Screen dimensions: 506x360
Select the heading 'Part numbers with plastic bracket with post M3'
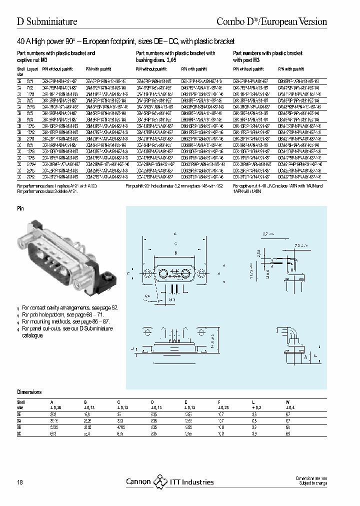[x=267, y=55]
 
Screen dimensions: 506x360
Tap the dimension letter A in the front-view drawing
[x=175, y=233]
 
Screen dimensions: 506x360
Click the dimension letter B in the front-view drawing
[x=175, y=253]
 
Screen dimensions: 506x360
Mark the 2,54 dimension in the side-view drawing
[x=258, y=253]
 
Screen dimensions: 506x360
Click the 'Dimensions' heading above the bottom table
[x=29, y=392]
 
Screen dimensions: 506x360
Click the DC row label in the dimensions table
[x=19, y=432]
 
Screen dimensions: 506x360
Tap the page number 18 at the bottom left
[x=20, y=482]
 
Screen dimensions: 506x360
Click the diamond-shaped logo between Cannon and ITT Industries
[x=160, y=482]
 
